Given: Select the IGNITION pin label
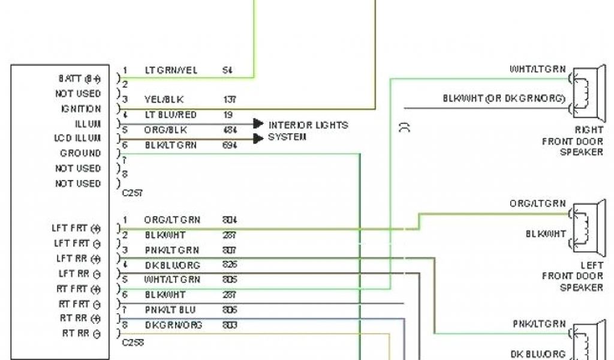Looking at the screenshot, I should pyautogui.click(x=80, y=109).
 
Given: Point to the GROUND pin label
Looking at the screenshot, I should pyautogui.click(x=80, y=154).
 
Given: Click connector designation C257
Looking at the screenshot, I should pyautogui.click(x=133, y=194).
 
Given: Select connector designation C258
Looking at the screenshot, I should pyautogui.click(x=133, y=343).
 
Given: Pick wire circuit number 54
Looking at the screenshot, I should pyautogui.click(x=227, y=70).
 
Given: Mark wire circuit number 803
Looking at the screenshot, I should pyautogui.click(x=229, y=325).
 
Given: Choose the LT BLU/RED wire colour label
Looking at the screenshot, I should pyautogui.click(x=170, y=115).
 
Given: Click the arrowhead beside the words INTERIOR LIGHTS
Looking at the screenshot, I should pyautogui.click(x=258, y=124).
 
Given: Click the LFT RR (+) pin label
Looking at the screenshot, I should pyautogui.click(x=77, y=259).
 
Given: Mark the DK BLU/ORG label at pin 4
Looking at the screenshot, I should pyautogui.click(x=172, y=265).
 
